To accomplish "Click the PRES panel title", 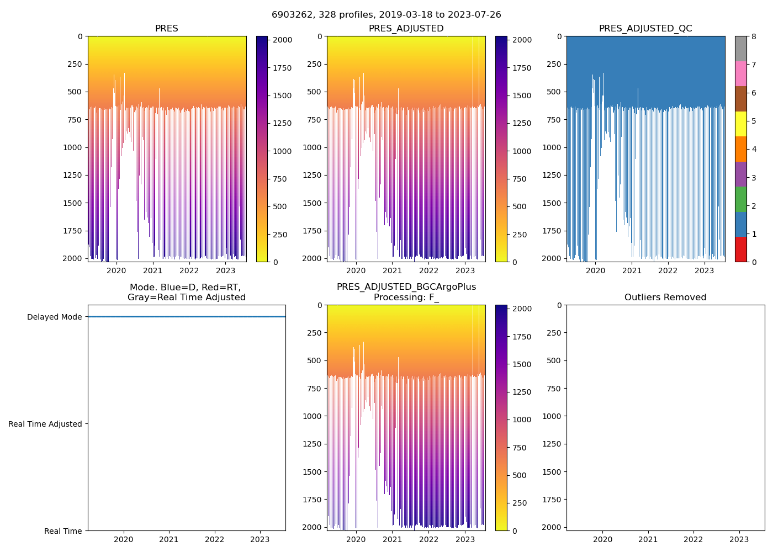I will pos(166,29).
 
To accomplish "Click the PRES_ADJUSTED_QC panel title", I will pos(645,29).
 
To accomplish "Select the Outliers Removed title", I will pos(665,298).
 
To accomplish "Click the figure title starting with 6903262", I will pos(386,15).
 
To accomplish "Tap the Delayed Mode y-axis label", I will pos(54,317).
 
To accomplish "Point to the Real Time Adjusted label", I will pos(45,424).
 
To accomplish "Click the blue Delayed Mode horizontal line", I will pos(187,317).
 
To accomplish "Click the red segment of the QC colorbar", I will pos(740,250).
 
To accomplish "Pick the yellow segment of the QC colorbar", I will pos(740,124).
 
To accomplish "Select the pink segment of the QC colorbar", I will pos(740,73).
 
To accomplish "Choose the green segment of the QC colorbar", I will pos(740,199).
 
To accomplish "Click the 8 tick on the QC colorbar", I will pos(754,36).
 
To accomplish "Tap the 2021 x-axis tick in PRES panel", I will pos(152,270).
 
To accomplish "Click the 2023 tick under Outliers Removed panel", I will pos(739,539).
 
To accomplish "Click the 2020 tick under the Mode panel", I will pos(124,539).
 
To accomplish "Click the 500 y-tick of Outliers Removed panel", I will pos(554,360).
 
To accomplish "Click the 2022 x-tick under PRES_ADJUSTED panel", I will pos(428,270).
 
